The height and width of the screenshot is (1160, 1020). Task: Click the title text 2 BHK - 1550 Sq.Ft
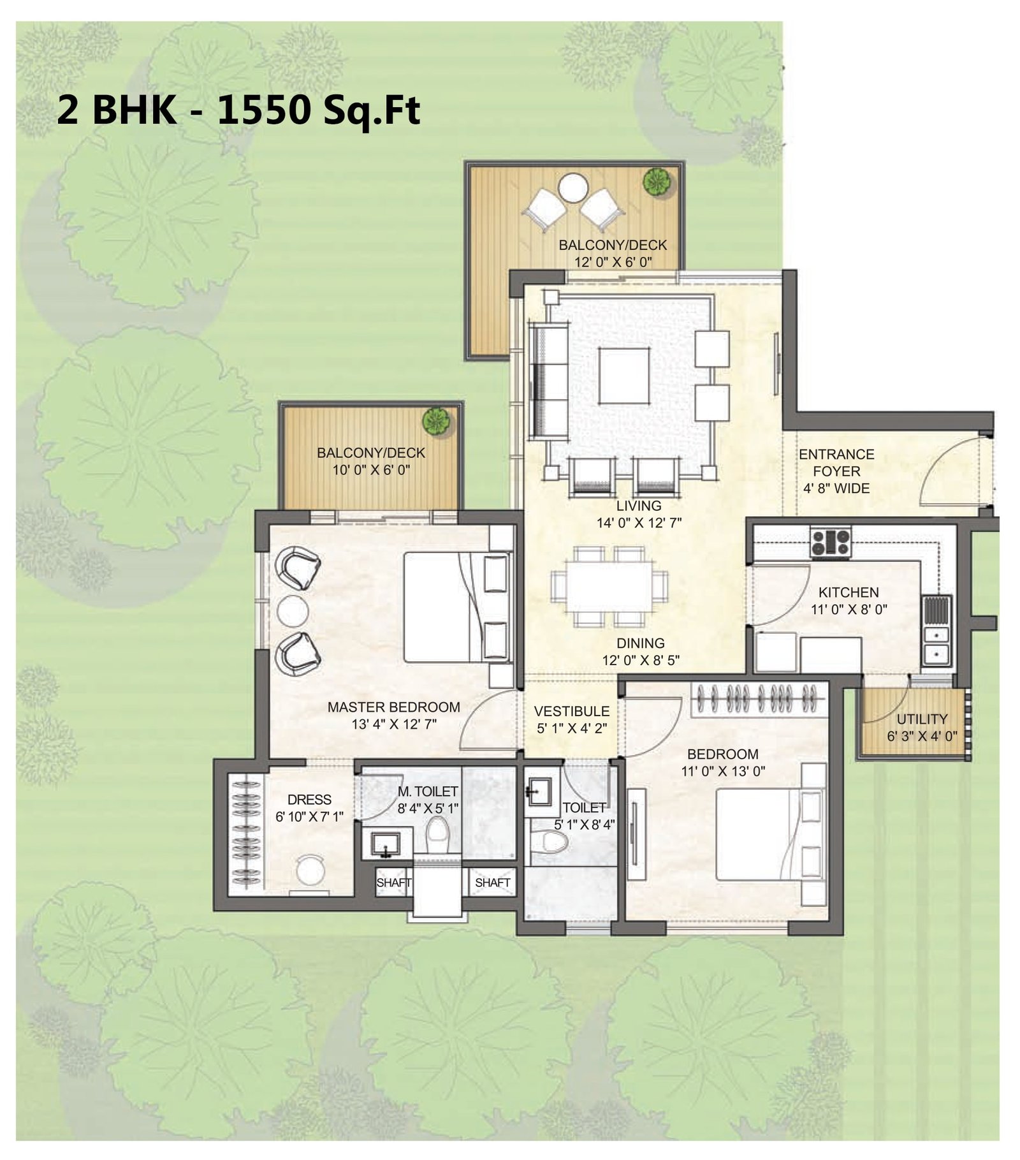pos(239,111)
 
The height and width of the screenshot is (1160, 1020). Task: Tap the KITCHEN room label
pos(849,592)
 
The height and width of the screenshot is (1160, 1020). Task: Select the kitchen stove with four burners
pos(831,541)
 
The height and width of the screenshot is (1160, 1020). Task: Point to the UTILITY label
pos(922,719)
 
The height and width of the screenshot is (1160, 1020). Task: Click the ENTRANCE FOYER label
pos(836,463)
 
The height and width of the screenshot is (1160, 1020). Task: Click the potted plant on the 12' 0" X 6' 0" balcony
pos(657,182)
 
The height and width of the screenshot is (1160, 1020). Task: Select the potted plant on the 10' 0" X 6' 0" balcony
pos(437,422)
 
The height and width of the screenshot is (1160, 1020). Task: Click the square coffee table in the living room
pos(624,376)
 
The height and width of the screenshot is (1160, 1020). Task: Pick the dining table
pos(609,586)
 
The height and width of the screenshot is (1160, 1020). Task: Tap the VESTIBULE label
pos(572,711)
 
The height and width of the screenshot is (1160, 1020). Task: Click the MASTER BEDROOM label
pos(393,707)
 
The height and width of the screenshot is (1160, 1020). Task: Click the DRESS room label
pos(309,800)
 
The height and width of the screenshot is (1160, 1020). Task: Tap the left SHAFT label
pos(393,883)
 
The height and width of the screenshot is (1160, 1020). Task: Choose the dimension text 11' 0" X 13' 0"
pos(723,771)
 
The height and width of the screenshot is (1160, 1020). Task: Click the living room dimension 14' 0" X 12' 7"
pos(639,523)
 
